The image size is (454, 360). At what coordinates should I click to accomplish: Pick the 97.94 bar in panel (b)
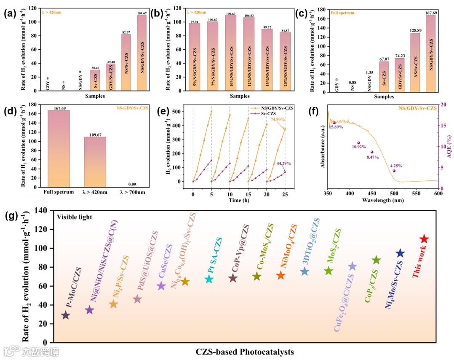(x=194, y=57)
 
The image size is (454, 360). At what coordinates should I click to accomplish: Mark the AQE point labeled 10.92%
(x=358, y=143)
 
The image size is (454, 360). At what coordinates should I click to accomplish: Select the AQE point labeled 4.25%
(x=394, y=170)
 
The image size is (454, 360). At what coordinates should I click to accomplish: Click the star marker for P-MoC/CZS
(x=65, y=315)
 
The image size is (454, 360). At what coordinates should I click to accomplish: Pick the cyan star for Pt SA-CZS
(x=209, y=279)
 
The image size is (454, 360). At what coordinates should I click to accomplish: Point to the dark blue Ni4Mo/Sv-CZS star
(x=400, y=253)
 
